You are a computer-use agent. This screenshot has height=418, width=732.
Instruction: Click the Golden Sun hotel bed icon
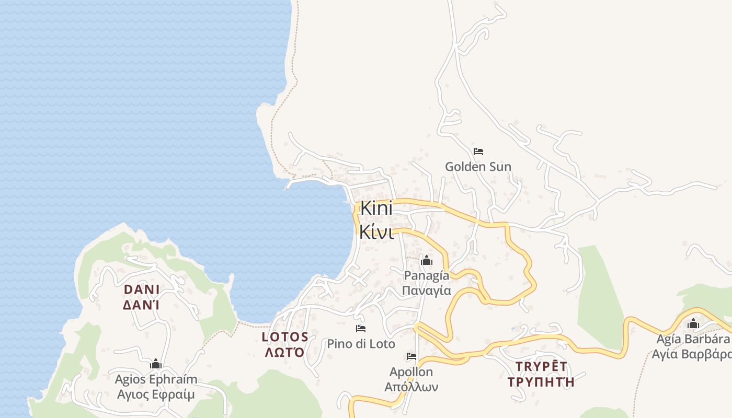tap(478, 152)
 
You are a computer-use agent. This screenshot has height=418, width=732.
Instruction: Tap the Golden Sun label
tap(478, 167)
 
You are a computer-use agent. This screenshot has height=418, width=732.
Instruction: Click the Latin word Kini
tap(376, 208)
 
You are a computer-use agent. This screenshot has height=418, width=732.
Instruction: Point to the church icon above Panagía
tap(427, 260)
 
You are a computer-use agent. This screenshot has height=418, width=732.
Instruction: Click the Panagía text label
tap(427, 275)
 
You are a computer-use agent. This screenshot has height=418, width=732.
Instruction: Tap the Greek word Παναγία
tap(427, 291)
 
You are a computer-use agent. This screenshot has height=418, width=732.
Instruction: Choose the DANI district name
tap(142, 289)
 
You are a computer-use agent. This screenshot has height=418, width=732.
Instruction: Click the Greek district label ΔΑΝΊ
tap(142, 305)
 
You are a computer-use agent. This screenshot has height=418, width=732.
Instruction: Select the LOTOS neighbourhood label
tap(285, 336)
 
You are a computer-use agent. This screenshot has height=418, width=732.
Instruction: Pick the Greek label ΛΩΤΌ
tap(285, 352)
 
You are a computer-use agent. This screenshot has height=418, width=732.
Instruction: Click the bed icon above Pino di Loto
tap(361, 329)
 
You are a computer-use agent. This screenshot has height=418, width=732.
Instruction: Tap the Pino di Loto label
tap(361, 344)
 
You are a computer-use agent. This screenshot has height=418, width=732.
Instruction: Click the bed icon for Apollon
tap(411, 356)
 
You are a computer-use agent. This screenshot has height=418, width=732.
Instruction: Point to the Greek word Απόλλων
tap(411, 387)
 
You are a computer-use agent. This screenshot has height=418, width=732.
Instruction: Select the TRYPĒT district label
tap(541, 366)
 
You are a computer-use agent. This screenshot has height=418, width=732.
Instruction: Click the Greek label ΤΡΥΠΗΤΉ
tap(541, 381)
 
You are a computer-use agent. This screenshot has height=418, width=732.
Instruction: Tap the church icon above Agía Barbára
tap(693, 324)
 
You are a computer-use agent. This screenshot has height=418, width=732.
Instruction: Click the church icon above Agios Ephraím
tap(156, 364)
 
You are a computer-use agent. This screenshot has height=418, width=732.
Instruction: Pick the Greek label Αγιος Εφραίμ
tap(156, 394)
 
